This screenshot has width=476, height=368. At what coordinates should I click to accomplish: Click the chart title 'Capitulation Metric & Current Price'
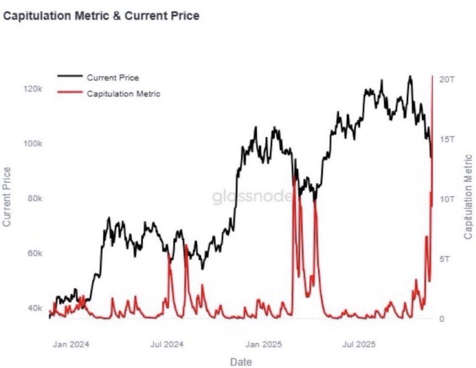(x=101, y=16)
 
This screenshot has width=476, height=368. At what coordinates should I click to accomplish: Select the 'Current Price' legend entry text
(x=113, y=78)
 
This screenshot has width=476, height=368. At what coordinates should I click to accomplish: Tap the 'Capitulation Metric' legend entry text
(x=123, y=94)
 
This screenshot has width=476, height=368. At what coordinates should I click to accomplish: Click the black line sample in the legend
(x=70, y=76)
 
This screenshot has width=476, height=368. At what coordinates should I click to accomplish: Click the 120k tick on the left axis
(x=33, y=89)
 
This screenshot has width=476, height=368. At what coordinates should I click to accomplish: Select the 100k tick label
(x=33, y=144)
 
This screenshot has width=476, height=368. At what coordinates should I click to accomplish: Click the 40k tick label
(x=35, y=308)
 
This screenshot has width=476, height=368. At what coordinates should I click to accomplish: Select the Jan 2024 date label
(x=71, y=344)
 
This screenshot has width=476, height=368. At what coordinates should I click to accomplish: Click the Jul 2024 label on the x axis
(x=167, y=344)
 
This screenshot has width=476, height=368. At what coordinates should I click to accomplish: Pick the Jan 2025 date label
(x=263, y=344)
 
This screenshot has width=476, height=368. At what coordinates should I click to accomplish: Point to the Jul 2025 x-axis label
(x=359, y=344)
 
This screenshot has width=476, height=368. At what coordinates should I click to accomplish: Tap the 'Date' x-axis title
(x=241, y=362)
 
